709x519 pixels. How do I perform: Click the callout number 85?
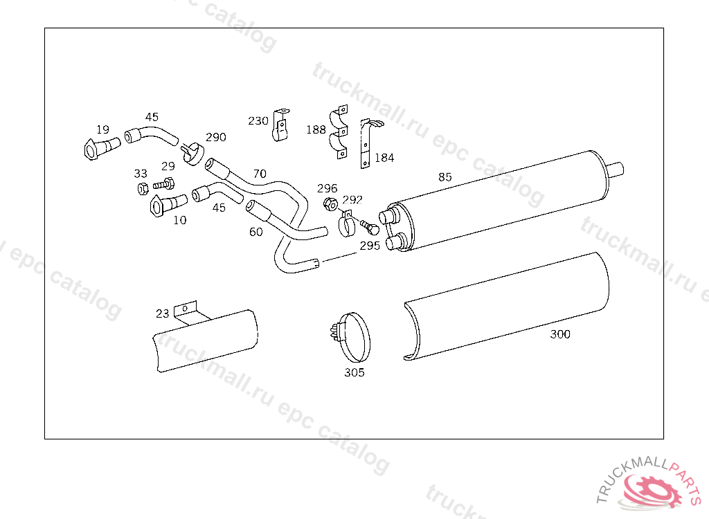click(x=445, y=176)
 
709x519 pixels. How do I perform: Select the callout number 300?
click(x=559, y=334)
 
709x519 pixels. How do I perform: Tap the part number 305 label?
click(x=354, y=372)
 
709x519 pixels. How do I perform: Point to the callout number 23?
click(x=162, y=313)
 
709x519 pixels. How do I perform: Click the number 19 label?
click(x=102, y=130)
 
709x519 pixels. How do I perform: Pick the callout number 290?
click(x=216, y=137)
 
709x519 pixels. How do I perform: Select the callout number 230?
click(x=258, y=120)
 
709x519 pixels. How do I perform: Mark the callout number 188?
click(x=316, y=130)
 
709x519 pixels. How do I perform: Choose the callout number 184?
click(x=384, y=158)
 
